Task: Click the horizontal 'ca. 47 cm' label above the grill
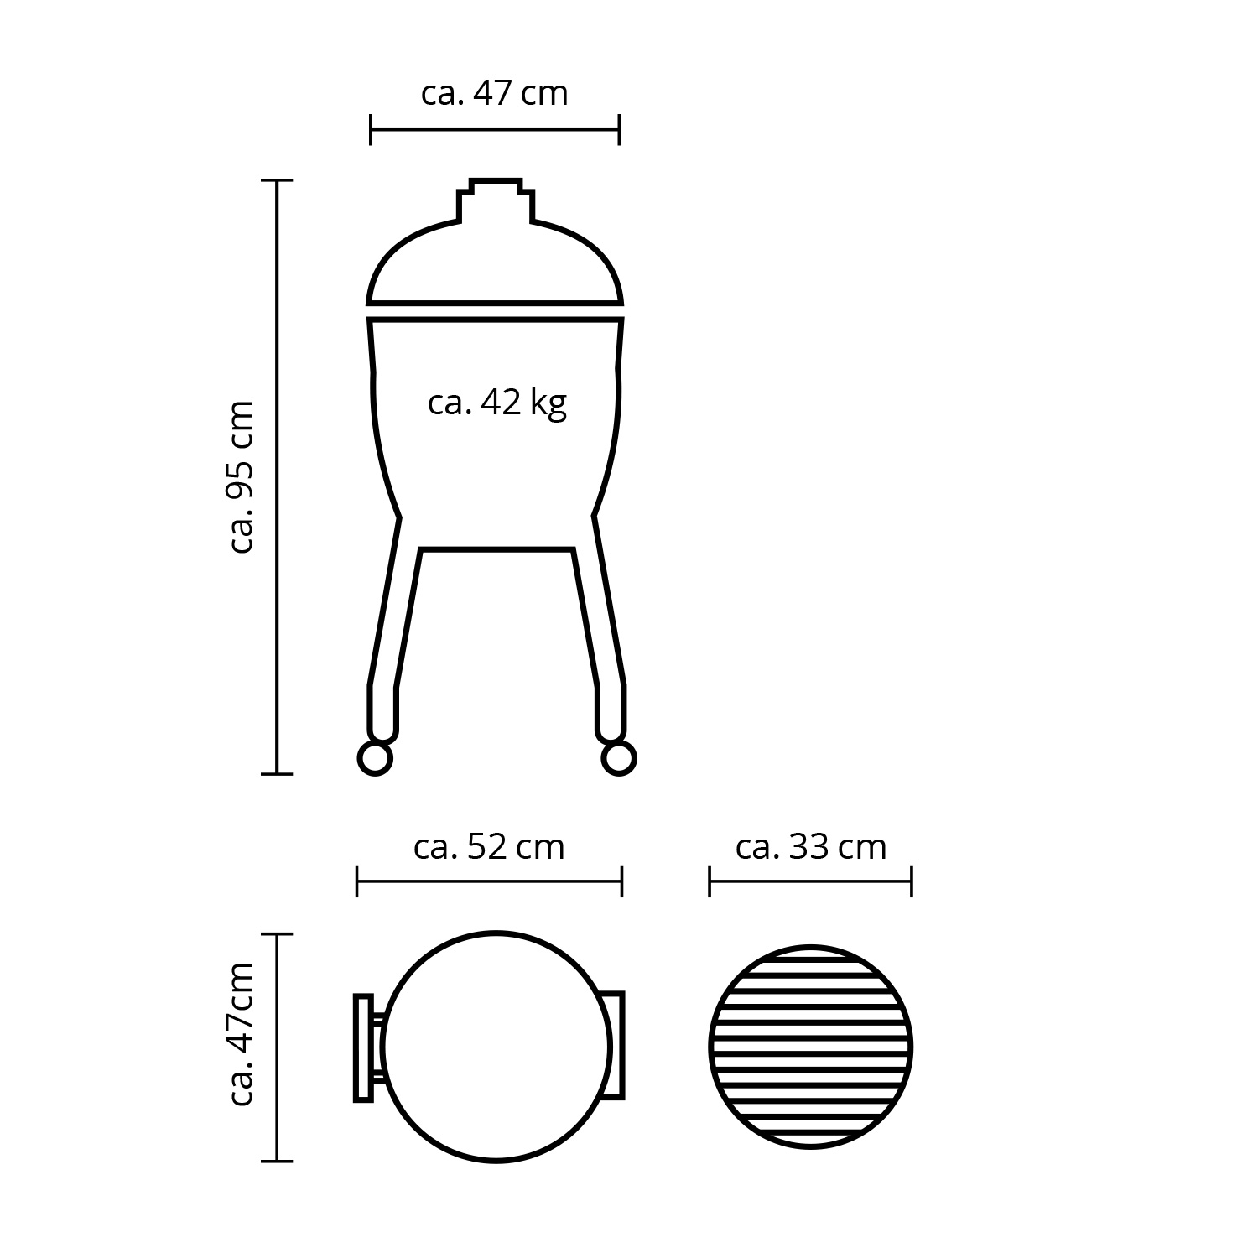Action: (494, 93)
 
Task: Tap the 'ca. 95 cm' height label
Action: (242, 476)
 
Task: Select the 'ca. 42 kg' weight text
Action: (496, 403)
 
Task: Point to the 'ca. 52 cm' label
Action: (489, 847)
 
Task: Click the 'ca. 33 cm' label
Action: (810, 847)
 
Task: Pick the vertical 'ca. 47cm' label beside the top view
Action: (242, 1034)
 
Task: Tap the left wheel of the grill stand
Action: (374, 758)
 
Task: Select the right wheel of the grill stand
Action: (618, 758)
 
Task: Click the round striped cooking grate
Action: (810, 1047)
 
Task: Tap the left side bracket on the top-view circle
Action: (364, 1047)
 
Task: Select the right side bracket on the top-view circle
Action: (616, 1045)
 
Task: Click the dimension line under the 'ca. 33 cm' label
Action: (810, 882)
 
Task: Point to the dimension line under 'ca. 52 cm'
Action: (489, 882)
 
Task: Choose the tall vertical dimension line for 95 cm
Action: (278, 476)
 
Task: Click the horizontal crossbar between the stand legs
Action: (496, 549)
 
